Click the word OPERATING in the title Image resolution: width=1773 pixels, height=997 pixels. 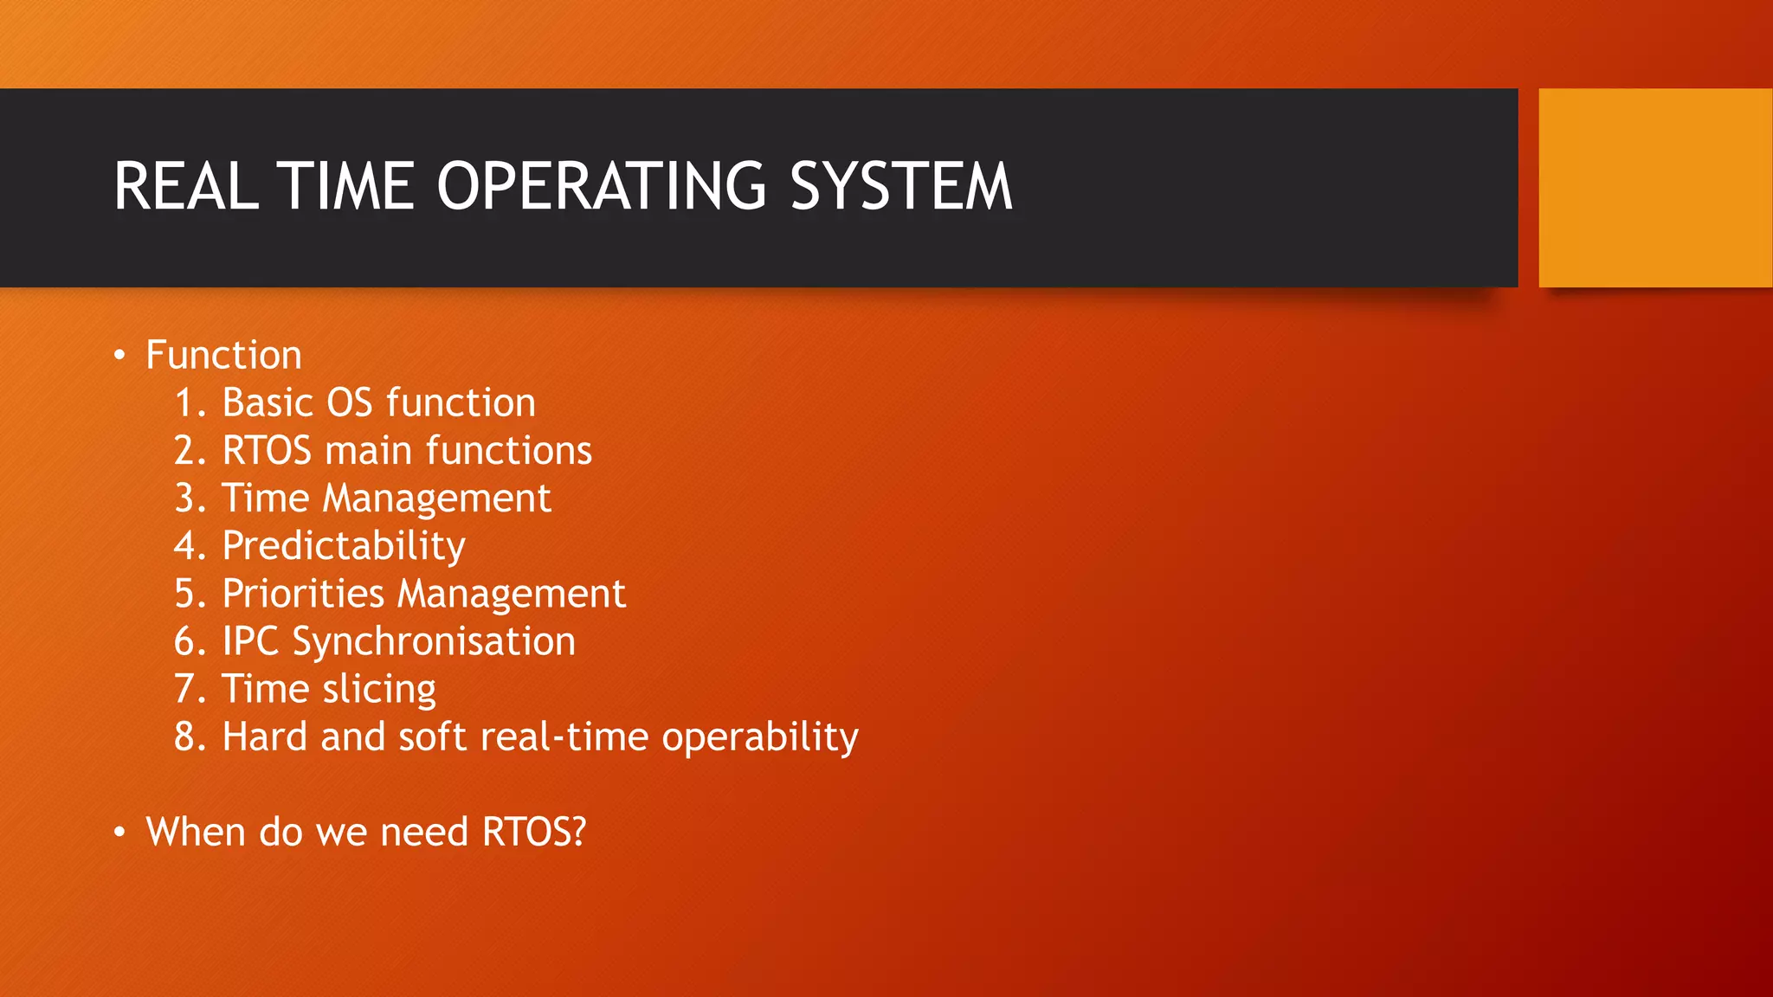(x=601, y=186)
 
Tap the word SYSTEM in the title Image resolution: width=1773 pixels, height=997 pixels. (x=900, y=186)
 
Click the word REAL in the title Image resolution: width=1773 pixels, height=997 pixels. (x=186, y=186)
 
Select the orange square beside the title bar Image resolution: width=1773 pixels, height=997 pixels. (x=1655, y=188)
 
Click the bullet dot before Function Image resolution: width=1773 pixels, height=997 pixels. (x=120, y=356)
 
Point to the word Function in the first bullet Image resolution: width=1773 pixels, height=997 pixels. (x=223, y=356)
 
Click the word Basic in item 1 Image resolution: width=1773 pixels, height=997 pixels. (x=267, y=403)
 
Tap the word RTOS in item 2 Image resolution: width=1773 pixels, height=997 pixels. (x=267, y=451)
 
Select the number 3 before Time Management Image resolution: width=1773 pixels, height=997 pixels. (x=184, y=498)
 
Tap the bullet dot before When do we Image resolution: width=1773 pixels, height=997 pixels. (x=120, y=833)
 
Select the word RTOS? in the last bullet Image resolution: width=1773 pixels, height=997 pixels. (x=534, y=833)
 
